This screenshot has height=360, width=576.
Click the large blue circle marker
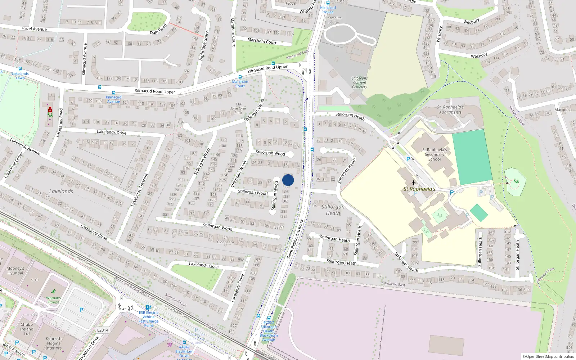click(x=288, y=180)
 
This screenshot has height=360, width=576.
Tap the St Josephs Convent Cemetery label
click(x=360, y=82)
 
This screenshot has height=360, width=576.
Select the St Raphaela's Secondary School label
click(x=435, y=154)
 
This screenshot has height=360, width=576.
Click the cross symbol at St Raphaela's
click(x=414, y=183)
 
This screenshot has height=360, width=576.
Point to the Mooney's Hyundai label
click(x=15, y=271)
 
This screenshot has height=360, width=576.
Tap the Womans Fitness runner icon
click(x=54, y=292)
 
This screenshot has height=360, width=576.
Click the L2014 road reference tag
click(x=103, y=330)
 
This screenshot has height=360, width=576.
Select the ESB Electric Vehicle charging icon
click(x=148, y=307)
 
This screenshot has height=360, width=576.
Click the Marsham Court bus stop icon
click(x=240, y=77)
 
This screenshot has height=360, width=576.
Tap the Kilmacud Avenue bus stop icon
click(x=114, y=93)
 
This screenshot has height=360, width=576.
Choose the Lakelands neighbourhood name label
click(x=61, y=191)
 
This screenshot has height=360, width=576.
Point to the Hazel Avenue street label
click(x=34, y=29)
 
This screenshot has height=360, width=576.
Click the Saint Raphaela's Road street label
click(x=295, y=239)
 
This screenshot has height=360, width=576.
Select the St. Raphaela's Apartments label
click(x=450, y=109)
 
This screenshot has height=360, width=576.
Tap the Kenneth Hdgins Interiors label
click(x=54, y=343)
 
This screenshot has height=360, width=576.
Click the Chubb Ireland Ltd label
click(x=27, y=329)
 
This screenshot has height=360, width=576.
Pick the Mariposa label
click(x=563, y=110)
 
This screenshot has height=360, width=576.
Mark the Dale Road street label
click(x=158, y=30)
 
